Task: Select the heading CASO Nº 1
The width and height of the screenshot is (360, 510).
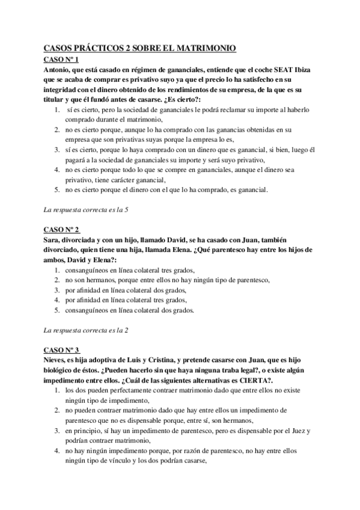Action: click(x=62, y=60)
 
